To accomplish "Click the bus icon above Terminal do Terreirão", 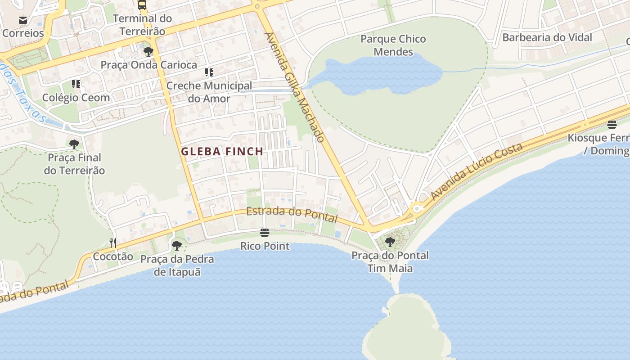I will pyautogui.click(x=142, y=5).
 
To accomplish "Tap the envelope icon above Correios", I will pyautogui.click(x=23, y=20).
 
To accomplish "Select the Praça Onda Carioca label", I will pyautogui.click(x=148, y=65).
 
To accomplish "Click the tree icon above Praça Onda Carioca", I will pyautogui.click(x=148, y=52).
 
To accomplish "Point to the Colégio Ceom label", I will pyautogui.click(x=76, y=98).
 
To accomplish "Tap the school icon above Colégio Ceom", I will pyautogui.click(x=76, y=84).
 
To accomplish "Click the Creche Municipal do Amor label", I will pyautogui.click(x=209, y=92).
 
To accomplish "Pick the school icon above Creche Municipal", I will pyautogui.click(x=209, y=72).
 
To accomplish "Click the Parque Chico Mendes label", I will pyautogui.click(x=393, y=45).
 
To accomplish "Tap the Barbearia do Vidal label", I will pyautogui.click(x=547, y=37).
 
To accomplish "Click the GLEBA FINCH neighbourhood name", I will pyautogui.click(x=222, y=152).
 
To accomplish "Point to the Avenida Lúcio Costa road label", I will pyautogui.click(x=477, y=171).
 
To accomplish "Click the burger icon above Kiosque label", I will pyautogui.click(x=612, y=124).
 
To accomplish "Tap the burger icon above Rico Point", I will pyautogui.click(x=265, y=233).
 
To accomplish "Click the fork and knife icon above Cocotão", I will pyautogui.click(x=113, y=243).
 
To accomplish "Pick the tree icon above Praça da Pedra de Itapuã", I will pyautogui.click(x=177, y=246).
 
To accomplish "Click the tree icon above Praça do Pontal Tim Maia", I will pyautogui.click(x=390, y=242).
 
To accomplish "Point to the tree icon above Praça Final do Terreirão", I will pyautogui.click(x=74, y=144).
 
